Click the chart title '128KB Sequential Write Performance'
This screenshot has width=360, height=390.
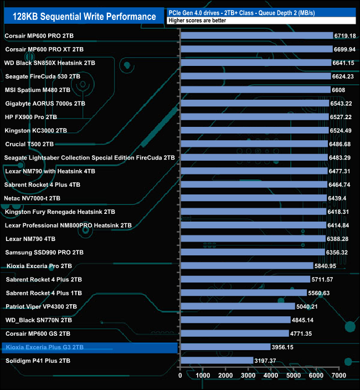pyautogui.click(x=84, y=16)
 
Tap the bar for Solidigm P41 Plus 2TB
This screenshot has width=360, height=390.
pyautogui.click(x=217, y=361)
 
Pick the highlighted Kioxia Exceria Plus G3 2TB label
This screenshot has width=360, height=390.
pyautogui.click(x=44, y=347)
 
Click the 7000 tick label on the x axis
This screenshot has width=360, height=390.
pyautogui.click(x=338, y=376)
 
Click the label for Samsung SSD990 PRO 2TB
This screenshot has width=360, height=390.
pyautogui.click(x=44, y=253)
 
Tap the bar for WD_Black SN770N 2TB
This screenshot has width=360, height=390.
pyautogui.click(x=235, y=320)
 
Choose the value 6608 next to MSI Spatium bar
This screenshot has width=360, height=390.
pyautogui.click(x=338, y=90)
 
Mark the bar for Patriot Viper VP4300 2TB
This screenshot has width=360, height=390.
pyautogui.click(x=238, y=306)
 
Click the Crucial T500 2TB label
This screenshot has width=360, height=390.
pyautogui.click(x=33, y=144)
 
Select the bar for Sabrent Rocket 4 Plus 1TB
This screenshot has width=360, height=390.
pyautogui.click(x=244, y=293)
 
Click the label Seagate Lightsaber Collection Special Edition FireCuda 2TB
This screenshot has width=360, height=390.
pyautogui.click(x=89, y=158)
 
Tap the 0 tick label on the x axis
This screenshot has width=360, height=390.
pyautogui.click(x=181, y=376)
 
